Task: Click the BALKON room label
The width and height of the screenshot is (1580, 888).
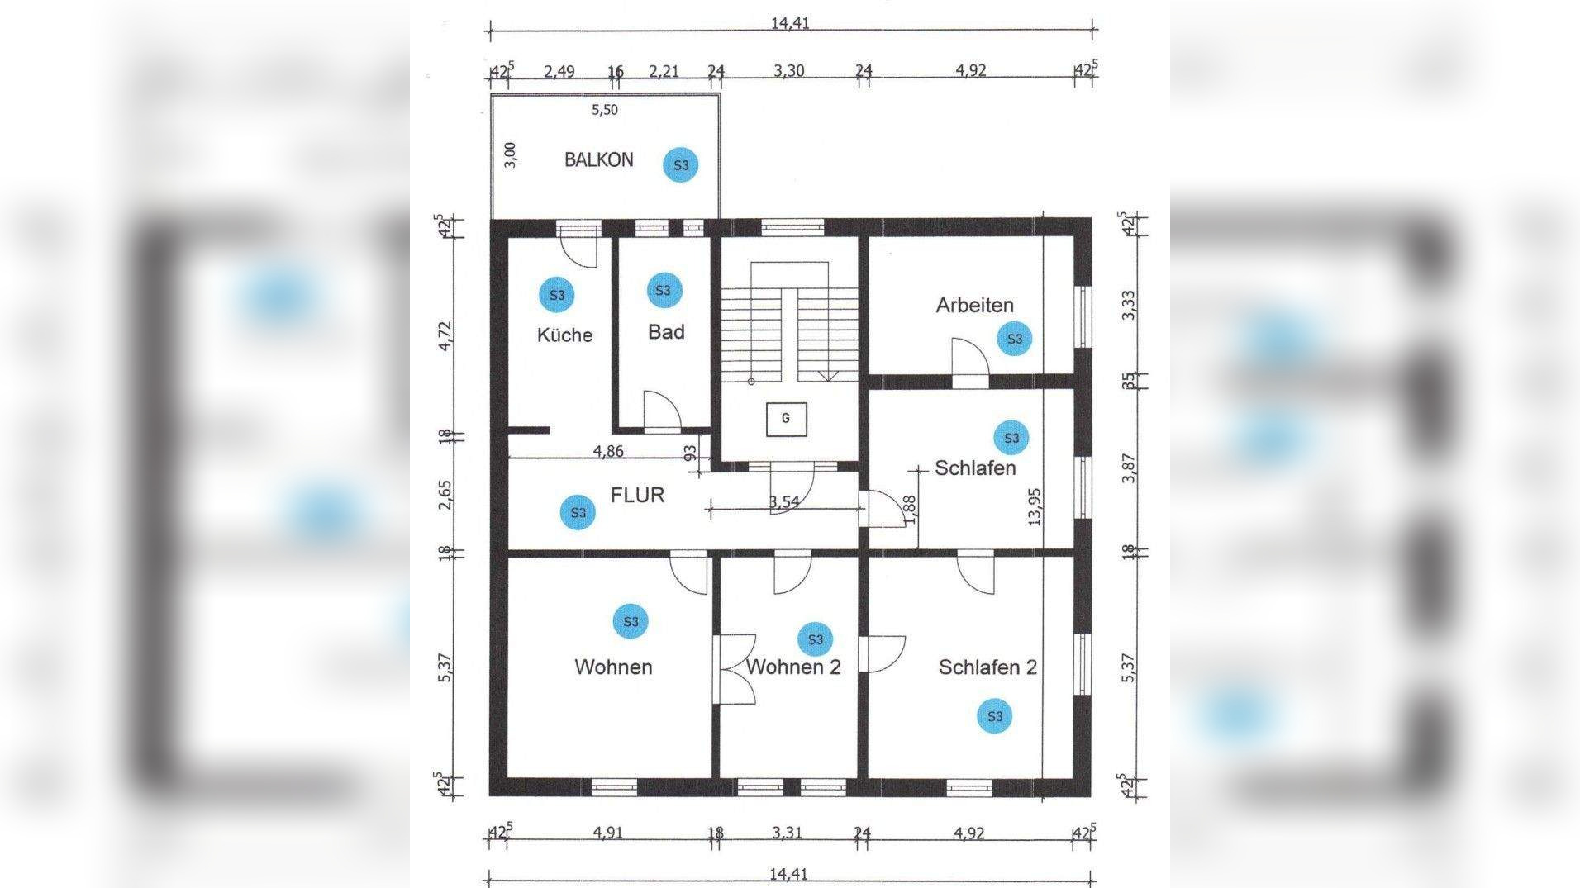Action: click(x=598, y=159)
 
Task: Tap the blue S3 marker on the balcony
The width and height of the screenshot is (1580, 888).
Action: click(x=681, y=165)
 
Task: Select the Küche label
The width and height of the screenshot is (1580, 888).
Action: click(x=564, y=335)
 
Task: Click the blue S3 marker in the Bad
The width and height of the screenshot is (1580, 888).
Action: click(x=663, y=290)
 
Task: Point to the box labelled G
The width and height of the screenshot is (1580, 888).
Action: click(x=785, y=419)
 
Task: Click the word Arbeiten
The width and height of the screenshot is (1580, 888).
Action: click(x=974, y=305)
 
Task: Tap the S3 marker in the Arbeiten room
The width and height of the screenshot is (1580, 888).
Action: click(x=1015, y=339)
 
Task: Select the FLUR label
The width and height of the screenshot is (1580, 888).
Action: click(x=637, y=495)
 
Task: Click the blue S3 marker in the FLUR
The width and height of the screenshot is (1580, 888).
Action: click(x=578, y=512)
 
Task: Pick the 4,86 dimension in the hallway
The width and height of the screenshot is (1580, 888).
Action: click(x=608, y=451)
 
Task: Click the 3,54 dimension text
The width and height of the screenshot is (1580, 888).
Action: click(x=783, y=501)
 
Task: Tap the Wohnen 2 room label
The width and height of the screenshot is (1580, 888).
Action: click(x=793, y=667)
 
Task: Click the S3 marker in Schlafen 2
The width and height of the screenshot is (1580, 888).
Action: click(x=995, y=715)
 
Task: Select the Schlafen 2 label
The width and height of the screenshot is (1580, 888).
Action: click(x=987, y=667)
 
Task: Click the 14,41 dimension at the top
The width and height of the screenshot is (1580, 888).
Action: click(x=790, y=22)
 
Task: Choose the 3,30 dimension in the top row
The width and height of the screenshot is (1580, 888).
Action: click(x=788, y=70)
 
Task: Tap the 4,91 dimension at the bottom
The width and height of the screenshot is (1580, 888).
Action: click(x=607, y=833)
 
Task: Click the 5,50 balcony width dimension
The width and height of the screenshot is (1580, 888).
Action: click(x=604, y=109)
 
